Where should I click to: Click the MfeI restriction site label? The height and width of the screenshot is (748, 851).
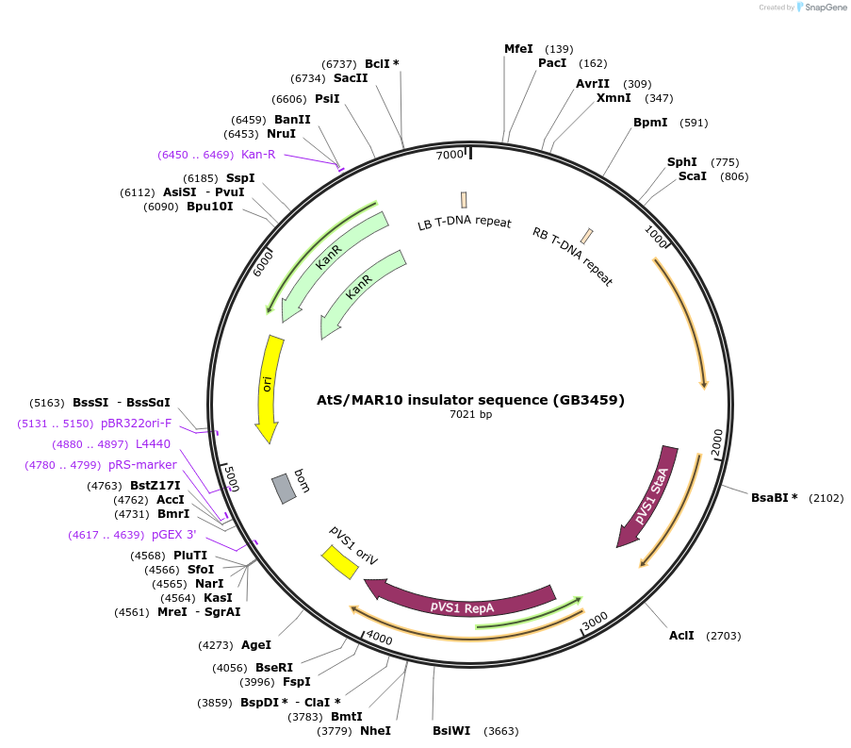[x=518, y=49]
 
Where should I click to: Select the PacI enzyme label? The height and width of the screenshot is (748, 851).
[x=552, y=63]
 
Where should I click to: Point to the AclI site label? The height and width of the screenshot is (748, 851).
[x=681, y=636]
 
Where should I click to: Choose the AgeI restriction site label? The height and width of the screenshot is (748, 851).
[x=256, y=645]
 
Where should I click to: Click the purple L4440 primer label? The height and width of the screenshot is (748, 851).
[x=153, y=443]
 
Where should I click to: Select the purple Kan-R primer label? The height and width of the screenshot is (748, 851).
[x=258, y=154]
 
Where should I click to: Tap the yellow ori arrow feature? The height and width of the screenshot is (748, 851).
[x=268, y=387]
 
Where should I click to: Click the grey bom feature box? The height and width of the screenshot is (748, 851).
[x=284, y=488]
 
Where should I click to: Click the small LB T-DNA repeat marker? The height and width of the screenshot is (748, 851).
[x=464, y=200]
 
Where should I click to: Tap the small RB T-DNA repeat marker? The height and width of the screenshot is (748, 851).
[x=587, y=236]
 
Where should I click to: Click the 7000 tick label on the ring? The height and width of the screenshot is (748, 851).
[x=450, y=154]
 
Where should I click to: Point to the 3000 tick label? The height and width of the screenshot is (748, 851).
[x=596, y=623]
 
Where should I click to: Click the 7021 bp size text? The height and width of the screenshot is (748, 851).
[x=470, y=414]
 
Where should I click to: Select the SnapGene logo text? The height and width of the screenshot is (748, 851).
[x=825, y=8]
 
